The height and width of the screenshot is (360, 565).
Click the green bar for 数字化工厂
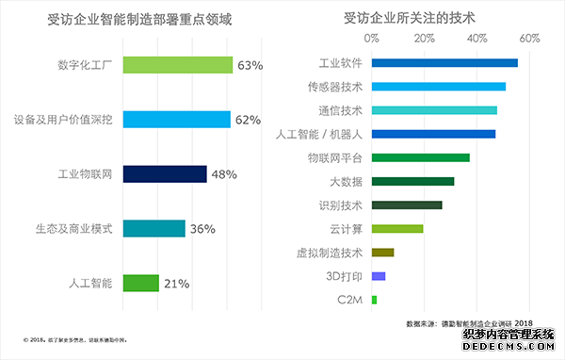click(x=178, y=65)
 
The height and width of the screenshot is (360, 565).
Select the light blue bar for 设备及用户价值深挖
click(x=177, y=120)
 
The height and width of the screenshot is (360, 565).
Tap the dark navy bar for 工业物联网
click(x=165, y=174)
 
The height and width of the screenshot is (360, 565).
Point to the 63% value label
click(x=249, y=65)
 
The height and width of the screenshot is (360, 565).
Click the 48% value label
click(x=223, y=174)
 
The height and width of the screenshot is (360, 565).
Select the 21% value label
click(x=176, y=283)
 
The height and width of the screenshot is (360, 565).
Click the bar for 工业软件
click(x=444, y=63)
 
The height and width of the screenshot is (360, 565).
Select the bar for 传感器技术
click(x=439, y=87)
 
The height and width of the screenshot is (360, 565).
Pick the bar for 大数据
click(x=412, y=181)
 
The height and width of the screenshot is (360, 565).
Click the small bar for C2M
click(x=374, y=300)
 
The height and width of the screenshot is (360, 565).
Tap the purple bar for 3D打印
click(x=379, y=276)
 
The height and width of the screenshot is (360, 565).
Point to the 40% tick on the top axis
click(x=477, y=39)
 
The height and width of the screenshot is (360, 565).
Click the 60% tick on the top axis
click(x=529, y=39)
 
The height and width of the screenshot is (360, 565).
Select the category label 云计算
click(x=347, y=228)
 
